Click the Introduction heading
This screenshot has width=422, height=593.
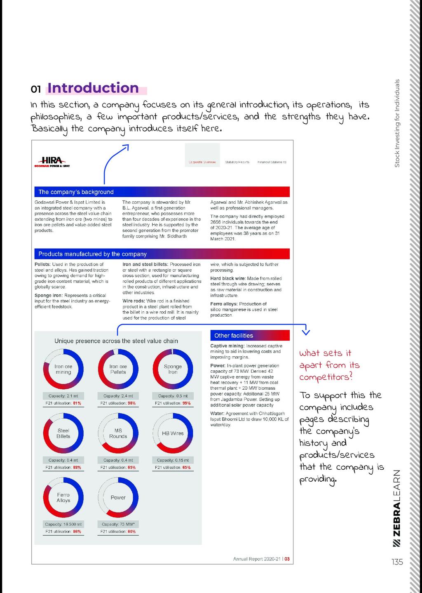click(93, 88)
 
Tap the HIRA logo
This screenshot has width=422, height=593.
click(52, 162)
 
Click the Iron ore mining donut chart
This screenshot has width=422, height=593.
click(63, 369)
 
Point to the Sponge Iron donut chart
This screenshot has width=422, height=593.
click(173, 369)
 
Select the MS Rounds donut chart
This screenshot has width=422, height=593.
click(118, 433)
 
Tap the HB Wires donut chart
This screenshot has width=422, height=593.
click(173, 433)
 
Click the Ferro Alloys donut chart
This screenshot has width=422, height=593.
click(63, 497)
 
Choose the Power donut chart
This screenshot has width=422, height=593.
click(118, 497)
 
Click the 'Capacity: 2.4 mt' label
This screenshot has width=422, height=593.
click(118, 396)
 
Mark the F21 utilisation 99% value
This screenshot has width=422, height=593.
click(186, 403)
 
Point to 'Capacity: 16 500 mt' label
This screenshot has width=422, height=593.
click(63, 524)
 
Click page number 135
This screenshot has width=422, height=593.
click(397, 562)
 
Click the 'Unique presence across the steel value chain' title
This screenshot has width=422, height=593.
click(116, 341)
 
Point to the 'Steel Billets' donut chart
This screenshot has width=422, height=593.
click(63, 433)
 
